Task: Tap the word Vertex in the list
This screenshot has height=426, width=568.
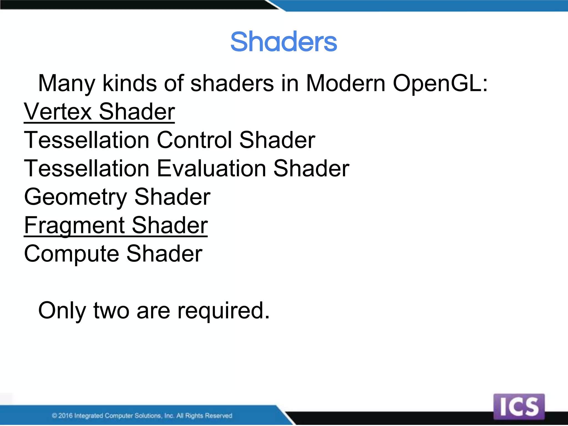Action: [x=58, y=111]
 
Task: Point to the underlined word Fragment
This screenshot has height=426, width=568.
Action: [x=74, y=225]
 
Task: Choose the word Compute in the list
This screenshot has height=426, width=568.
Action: [x=72, y=254]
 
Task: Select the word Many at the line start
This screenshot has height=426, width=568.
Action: [x=67, y=83]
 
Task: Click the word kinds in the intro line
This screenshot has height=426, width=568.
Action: [x=130, y=83]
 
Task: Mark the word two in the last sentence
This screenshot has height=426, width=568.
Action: [x=111, y=311]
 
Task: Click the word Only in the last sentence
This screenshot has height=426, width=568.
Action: [x=62, y=311]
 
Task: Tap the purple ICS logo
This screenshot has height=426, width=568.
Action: [x=519, y=407]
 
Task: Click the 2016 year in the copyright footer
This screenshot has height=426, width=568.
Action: [x=65, y=415]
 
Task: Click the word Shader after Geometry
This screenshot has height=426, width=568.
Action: [x=173, y=197]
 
